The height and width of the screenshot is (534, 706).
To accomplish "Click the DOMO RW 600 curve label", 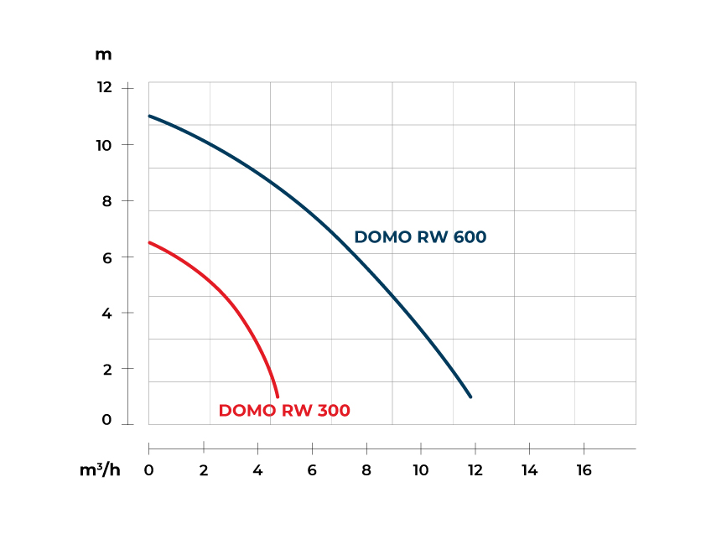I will [x=420, y=237].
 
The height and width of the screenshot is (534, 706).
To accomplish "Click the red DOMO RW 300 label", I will [x=284, y=411].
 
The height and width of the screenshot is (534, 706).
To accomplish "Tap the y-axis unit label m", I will [x=103, y=54].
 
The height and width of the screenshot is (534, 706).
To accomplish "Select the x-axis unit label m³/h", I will [x=100, y=470].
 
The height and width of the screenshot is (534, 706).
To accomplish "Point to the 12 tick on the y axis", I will [x=103, y=87].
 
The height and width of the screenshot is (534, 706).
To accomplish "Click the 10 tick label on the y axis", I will [x=103, y=145].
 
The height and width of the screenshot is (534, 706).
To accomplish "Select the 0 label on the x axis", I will [x=149, y=470].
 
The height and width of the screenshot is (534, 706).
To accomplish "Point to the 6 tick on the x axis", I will [x=312, y=470].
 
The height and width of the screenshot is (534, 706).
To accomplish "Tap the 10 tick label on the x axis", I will [x=420, y=470].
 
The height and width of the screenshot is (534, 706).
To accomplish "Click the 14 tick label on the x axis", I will [x=529, y=470].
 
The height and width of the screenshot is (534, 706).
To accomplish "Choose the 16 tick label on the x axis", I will [x=583, y=470].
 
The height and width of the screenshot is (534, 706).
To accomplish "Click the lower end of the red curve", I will [x=277, y=396].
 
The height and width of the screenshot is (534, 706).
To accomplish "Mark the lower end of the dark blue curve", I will [x=470, y=397].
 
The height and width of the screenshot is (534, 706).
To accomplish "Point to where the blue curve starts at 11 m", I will [x=150, y=116].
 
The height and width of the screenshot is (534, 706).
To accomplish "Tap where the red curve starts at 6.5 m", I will [x=150, y=242].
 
